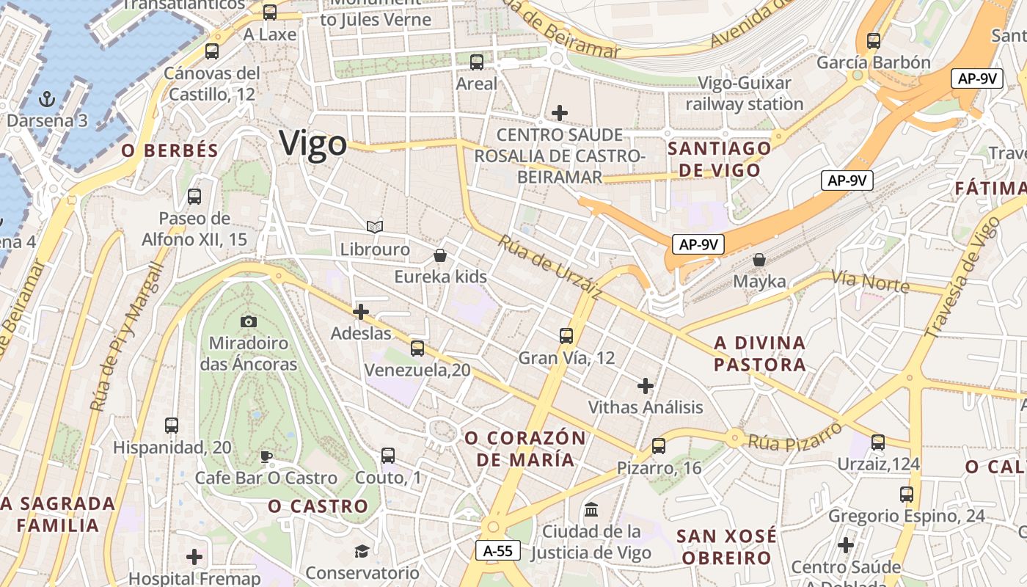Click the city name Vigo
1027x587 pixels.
coord(313,143)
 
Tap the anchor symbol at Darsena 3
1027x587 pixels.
coord(47,98)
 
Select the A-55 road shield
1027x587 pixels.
coord(499,550)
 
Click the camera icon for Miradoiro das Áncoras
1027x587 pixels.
coord(249,321)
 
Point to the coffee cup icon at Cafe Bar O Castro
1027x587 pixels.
coord(266,457)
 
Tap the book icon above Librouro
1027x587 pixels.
coord(375,227)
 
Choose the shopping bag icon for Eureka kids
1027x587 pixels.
coord(440,255)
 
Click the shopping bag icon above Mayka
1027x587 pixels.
coord(759,260)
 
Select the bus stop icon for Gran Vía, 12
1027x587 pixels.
coord(566,336)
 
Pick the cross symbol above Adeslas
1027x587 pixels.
coord(361,312)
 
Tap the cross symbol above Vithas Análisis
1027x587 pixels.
coord(646,385)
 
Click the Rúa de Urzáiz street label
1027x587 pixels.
coord(550,267)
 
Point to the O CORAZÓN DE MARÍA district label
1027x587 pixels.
coord(525,449)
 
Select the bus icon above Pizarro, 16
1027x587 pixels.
coord(659,446)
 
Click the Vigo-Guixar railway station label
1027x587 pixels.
coord(745,93)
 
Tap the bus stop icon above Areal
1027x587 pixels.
coord(477,62)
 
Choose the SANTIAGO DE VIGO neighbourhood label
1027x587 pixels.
coord(719,159)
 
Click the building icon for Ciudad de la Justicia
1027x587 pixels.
coord(591,509)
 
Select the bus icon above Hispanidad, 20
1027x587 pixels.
coord(172,426)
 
